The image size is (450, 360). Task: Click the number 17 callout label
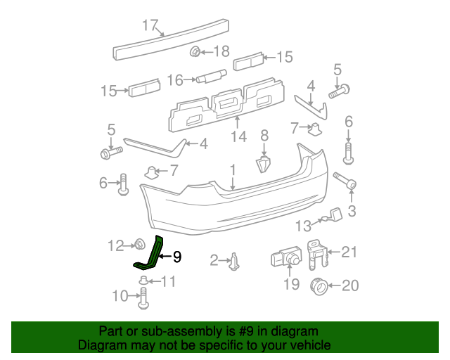pos(150,26)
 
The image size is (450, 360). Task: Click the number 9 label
pos(177,257)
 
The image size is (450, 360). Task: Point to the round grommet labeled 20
pos(317,286)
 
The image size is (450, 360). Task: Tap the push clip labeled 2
pos(235,262)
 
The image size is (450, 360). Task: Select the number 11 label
pos(168,282)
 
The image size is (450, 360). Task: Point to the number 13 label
pos(302,226)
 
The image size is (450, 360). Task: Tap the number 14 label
pos(238,136)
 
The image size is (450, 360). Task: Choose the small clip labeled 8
pos(263,164)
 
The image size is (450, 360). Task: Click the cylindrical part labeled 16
pos(210,77)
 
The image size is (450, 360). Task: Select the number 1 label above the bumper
pos(232,169)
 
